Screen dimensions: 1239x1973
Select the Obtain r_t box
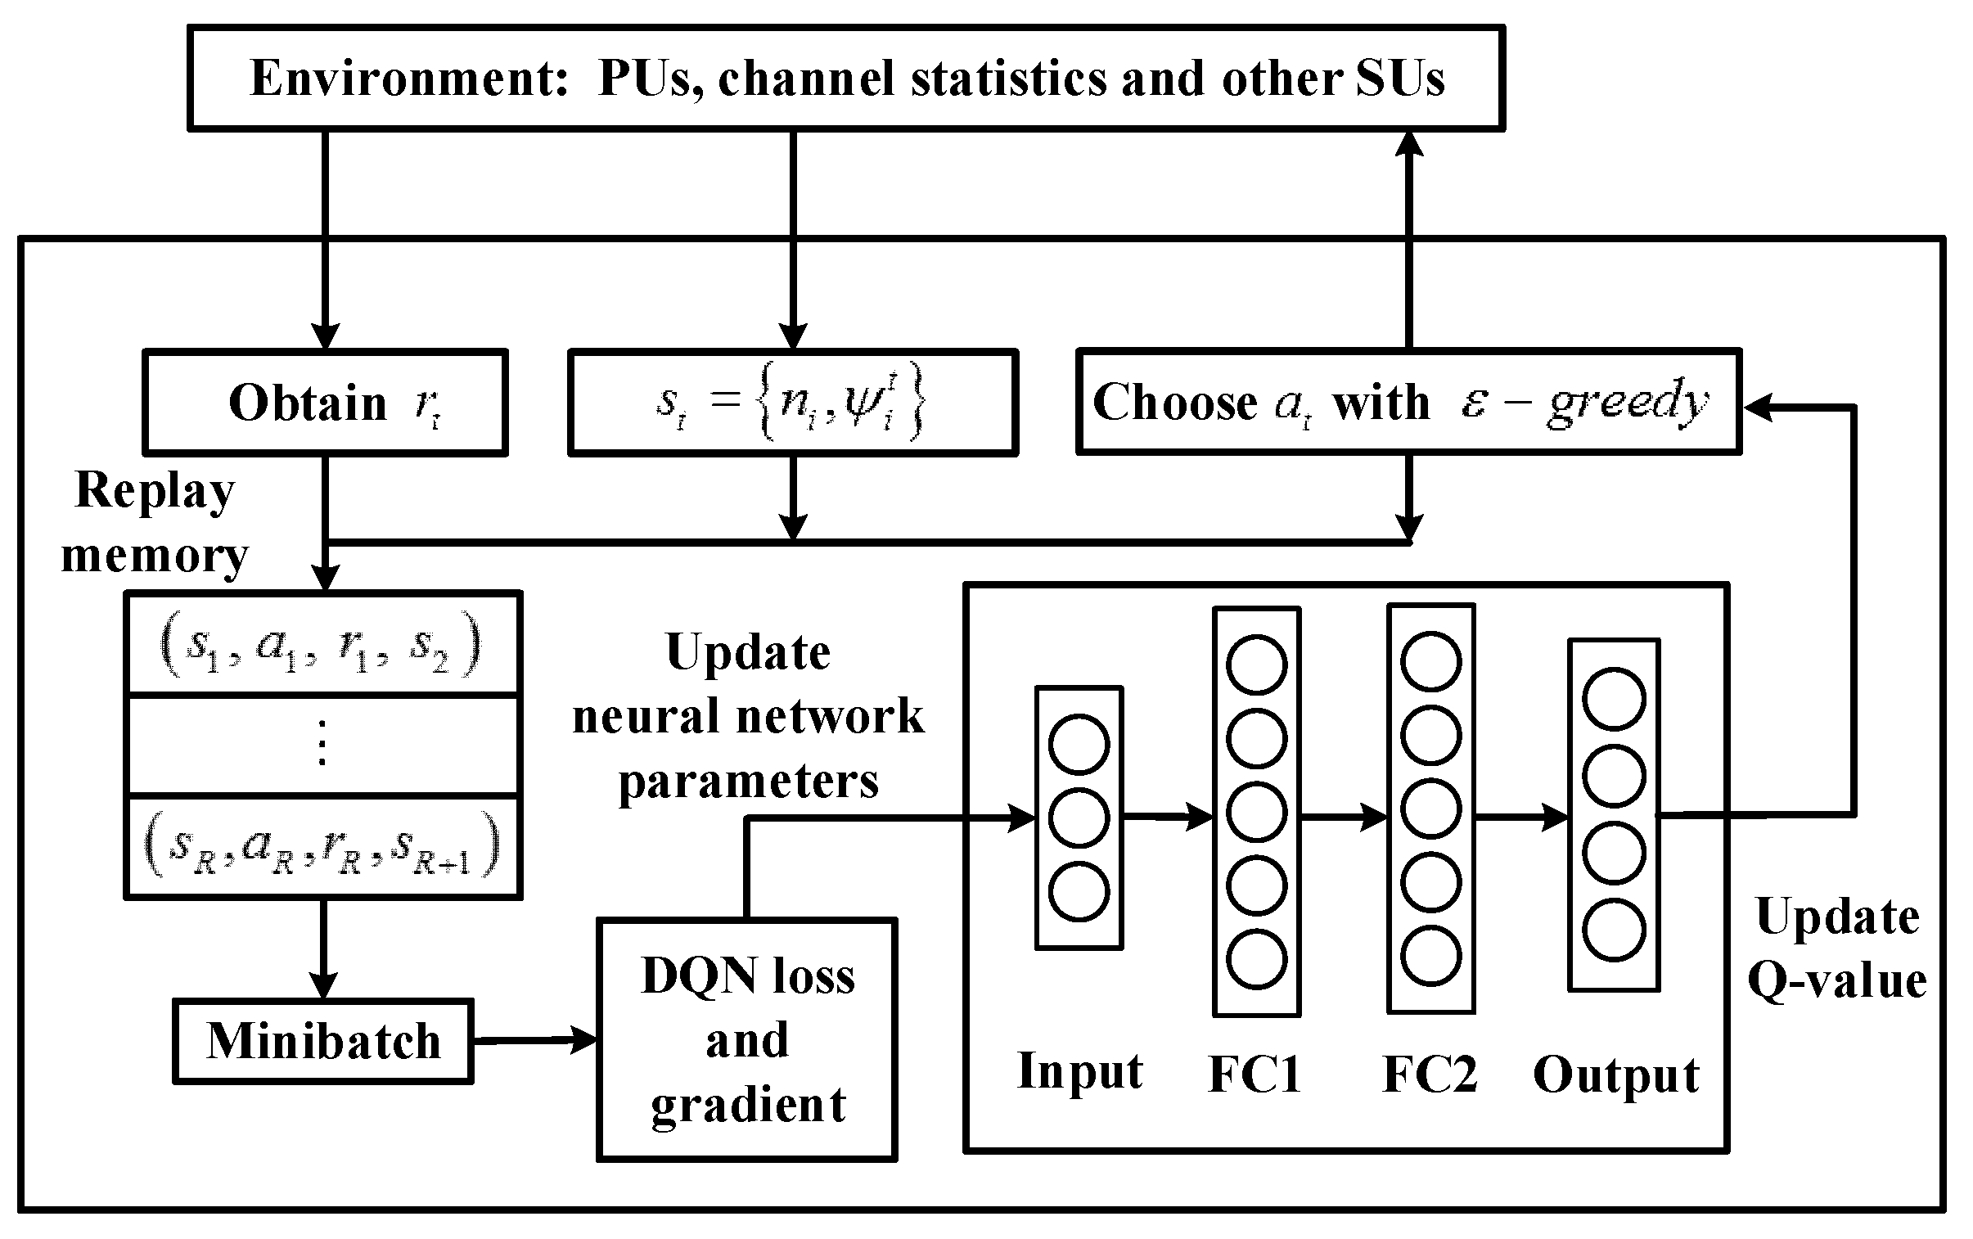click(325, 403)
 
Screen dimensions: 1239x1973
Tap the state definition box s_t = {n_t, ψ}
click(792, 403)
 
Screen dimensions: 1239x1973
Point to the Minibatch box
click(322, 1042)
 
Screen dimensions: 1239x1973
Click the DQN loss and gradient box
click(746, 1040)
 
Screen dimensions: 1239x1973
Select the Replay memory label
click(154, 523)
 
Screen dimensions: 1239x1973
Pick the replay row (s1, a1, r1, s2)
click(322, 645)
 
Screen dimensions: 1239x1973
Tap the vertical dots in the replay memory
click(322, 742)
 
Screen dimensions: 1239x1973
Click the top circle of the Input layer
click(1079, 744)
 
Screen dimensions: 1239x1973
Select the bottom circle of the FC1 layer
click(1256, 960)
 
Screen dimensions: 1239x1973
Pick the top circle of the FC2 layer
click(1430, 662)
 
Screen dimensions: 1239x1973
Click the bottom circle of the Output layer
click(1613, 931)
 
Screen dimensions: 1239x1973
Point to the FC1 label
click(1255, 1075)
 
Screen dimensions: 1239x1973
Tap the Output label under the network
click(1615, 1075)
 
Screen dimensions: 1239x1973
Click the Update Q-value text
click(1837, 948)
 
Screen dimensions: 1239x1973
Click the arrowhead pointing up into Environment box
click(1408, 145)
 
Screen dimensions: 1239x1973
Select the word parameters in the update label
click(748, 781)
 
